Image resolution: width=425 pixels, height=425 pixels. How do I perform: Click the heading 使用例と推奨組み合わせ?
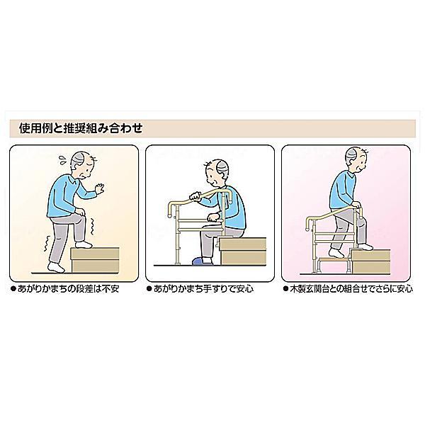[x=81, y=129]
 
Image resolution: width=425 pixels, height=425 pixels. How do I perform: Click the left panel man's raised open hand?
[x=101, y=190]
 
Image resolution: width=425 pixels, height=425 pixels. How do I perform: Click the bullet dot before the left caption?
[x=13, y=289]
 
